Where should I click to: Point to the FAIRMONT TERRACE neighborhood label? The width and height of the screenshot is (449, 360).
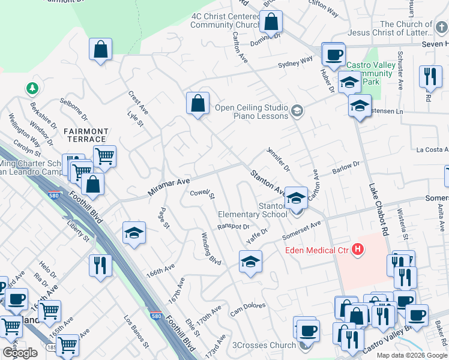tap(86, 135)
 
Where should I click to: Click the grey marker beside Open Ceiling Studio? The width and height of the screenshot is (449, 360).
tap(297, 111)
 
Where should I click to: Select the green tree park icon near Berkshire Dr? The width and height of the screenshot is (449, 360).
tap(31, 89)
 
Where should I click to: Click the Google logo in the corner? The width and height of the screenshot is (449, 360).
tap(19, 353)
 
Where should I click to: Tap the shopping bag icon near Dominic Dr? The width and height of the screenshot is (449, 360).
tap(271, 22)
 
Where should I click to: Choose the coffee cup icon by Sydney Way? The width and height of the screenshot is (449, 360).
tap(333, 55)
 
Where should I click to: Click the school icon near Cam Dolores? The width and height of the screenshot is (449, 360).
tap(250, 262)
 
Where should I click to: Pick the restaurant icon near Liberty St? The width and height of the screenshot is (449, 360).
tap(100, 265)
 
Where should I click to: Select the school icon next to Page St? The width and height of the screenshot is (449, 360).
tap(134, 233)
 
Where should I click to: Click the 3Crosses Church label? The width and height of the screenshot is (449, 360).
tap(264, 345)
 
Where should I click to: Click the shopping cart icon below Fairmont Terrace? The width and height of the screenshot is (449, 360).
tap(104, 157)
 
